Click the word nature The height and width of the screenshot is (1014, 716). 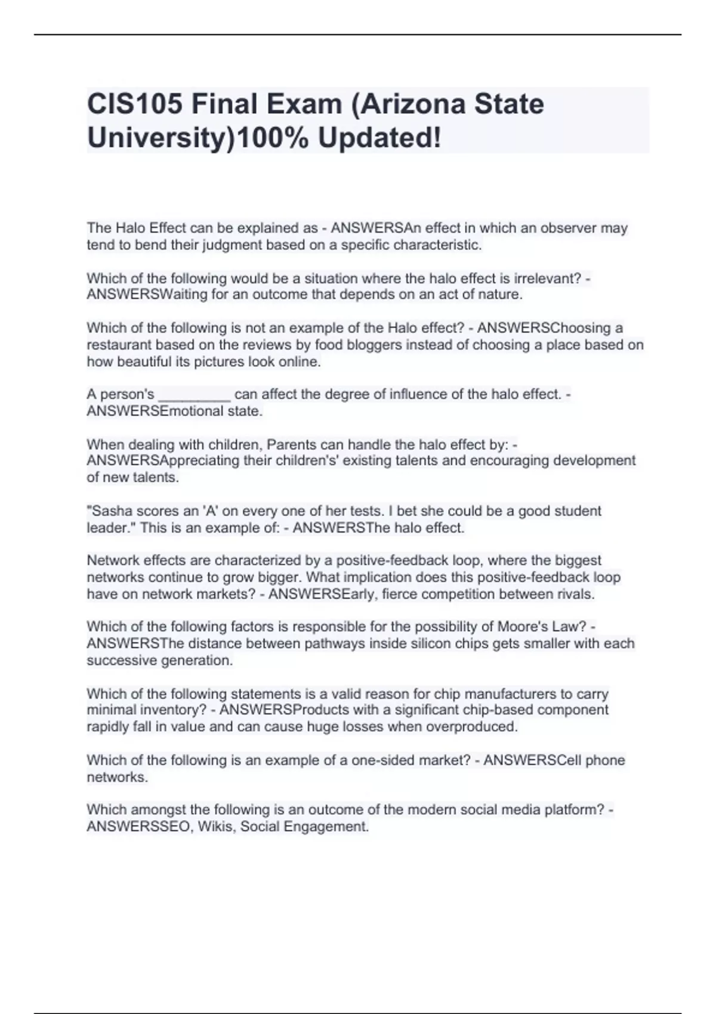[502, 295]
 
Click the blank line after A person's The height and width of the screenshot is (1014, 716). [195, 395]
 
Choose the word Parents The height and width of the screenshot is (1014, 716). [291, 445]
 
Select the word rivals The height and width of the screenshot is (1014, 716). [576, 594]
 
